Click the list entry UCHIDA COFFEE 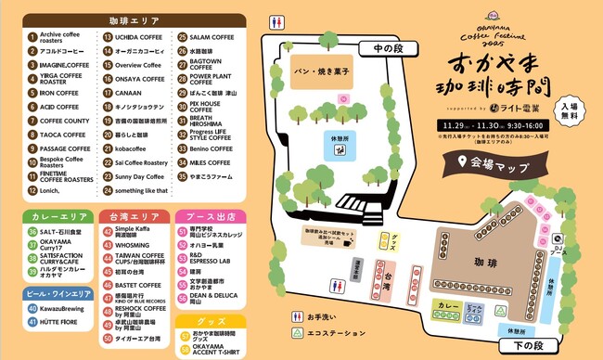point(139,37)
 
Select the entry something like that point(142,190)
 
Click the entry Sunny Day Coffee point(139,176)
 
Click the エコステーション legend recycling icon point(299,333)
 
